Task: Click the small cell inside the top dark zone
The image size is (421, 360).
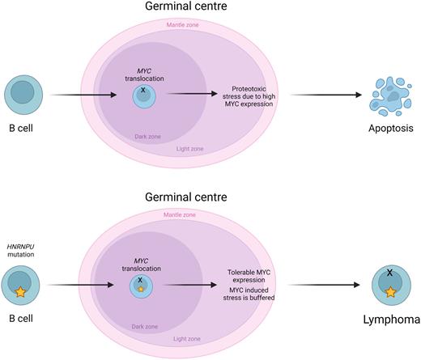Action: [x=144, y=95]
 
